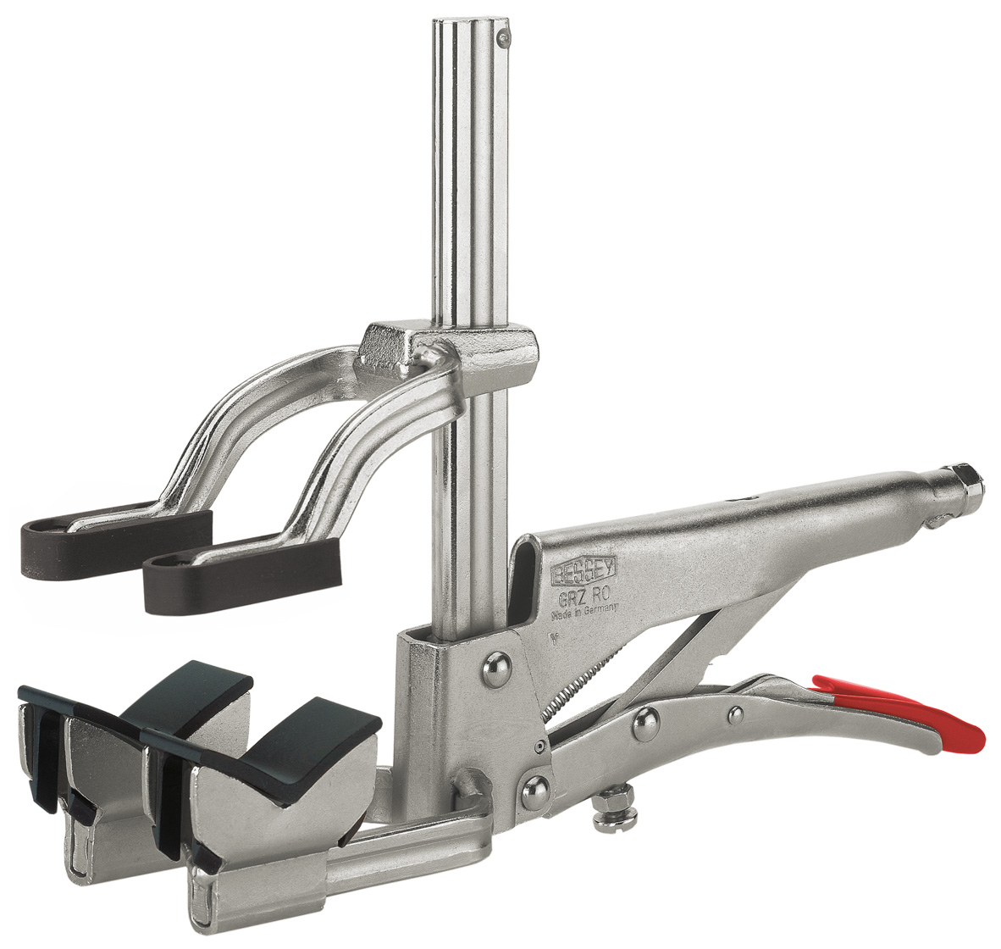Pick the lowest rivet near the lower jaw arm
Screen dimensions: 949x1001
coord(533,792)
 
